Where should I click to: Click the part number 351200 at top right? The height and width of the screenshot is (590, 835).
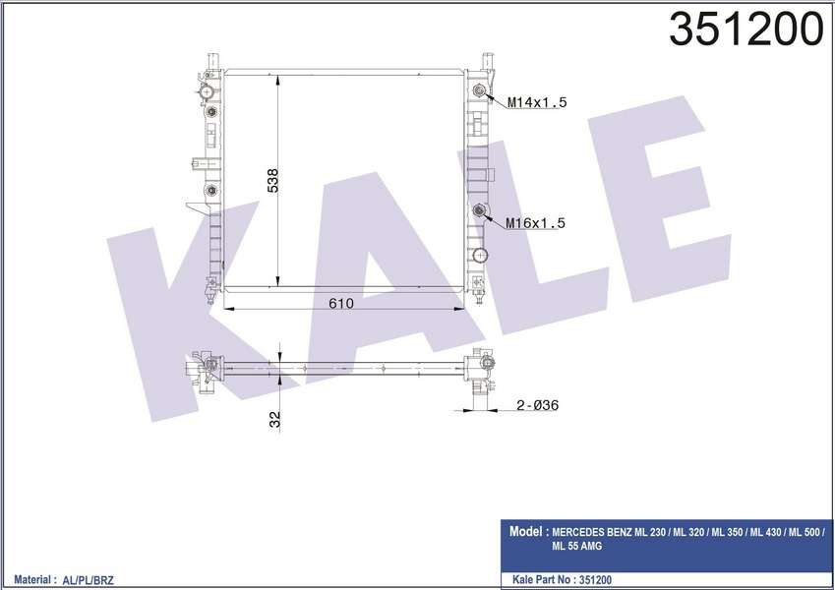pos(746,30)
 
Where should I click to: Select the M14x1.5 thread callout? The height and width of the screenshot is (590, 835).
pos(537,102)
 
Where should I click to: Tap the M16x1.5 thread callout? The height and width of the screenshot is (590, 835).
pos(537,223)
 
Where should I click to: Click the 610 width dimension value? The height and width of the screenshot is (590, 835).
pos(340,304)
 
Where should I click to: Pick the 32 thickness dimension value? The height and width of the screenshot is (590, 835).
pos(275,419)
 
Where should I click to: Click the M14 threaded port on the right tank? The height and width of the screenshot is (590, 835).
pos(479,92)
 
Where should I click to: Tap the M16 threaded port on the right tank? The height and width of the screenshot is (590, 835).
pos(479,209)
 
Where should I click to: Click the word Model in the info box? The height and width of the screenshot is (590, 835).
pos(528,531)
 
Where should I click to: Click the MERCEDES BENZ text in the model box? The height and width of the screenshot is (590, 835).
pos(597,532)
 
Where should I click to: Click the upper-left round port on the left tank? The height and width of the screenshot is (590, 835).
pos(207,93)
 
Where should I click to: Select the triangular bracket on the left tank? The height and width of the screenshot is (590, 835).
pos(196,206)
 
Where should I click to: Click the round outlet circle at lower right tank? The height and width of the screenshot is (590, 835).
pos(479,256)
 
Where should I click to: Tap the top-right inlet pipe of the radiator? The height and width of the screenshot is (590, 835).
pos(484,61)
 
